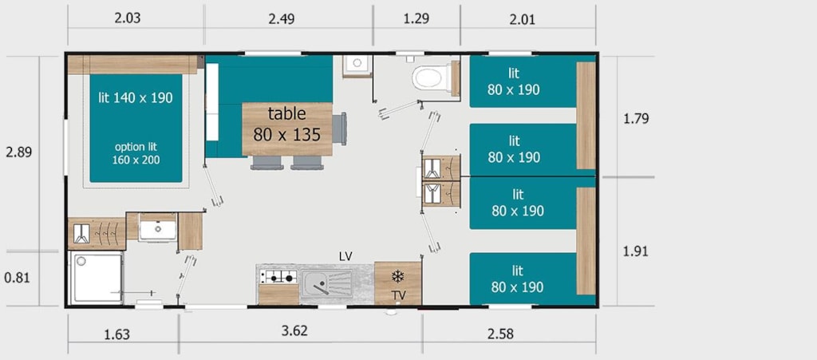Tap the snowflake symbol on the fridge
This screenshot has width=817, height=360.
[x=398, y=275]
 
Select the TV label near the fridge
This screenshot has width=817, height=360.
[x=399, y=295]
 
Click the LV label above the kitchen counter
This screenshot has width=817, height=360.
[x=345, y=255]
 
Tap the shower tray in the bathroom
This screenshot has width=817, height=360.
[x=97, y=279]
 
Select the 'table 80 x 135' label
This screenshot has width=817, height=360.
[x=286, y=124]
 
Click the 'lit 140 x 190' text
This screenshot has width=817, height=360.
[x=136, y=97]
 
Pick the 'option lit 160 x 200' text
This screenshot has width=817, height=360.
[x=136, y=153]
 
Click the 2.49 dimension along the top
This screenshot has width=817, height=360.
[x=282, y=18]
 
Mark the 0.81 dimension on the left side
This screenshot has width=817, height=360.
[x=18, y=278]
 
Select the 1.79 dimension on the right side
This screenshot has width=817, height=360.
[x=636, y=119]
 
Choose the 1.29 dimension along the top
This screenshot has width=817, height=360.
[x=416, y=18]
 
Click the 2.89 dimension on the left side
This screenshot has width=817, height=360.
[x=18, y=152]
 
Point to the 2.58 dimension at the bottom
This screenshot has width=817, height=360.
[x=499, y=334]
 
